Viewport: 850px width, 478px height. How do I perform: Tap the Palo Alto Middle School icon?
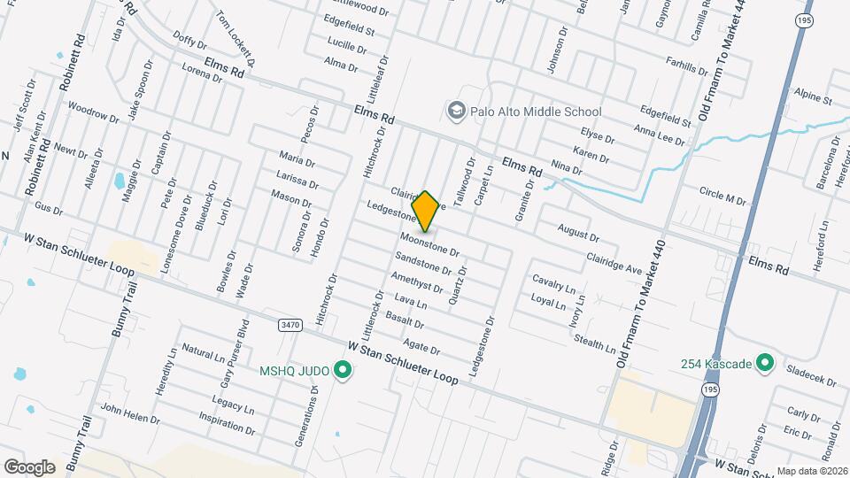pos(457,112)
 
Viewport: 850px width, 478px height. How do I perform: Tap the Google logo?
pos(29,466)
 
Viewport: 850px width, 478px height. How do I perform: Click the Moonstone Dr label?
pos(429,245)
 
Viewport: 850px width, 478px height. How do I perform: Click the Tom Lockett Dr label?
pos(236,39)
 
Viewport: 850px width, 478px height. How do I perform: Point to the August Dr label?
pos(578,234)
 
